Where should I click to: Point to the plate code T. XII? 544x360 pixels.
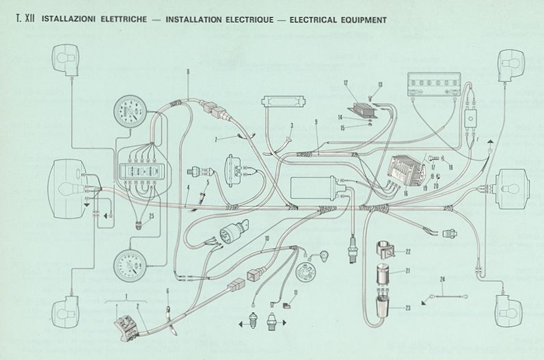[x=24, y=19]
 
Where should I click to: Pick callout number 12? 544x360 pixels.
[x=346, y=83]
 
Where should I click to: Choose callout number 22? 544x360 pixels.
[x=408, y=251]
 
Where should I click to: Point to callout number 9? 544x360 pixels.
[x=316, y=121]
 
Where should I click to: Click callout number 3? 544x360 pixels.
[x=291, y=126]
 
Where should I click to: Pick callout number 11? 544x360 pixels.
[x=296, y=293]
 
